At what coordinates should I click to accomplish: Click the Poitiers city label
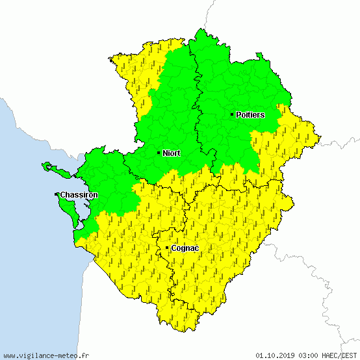point(250,114)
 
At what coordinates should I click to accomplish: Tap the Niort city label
point(172,153)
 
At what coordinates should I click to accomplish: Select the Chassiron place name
point(79,194)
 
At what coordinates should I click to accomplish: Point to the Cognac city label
point(185,248)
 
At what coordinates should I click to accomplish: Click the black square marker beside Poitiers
point(232,114)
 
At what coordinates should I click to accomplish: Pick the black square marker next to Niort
point(159,153)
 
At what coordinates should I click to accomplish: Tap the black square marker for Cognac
point(167,248)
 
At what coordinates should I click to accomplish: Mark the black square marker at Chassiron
point(57,194)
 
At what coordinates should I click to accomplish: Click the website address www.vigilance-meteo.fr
point(46,355)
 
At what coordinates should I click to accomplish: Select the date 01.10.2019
point(276,355)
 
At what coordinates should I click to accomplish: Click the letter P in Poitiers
point(238,114)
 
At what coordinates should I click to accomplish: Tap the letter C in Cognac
point(174,248)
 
